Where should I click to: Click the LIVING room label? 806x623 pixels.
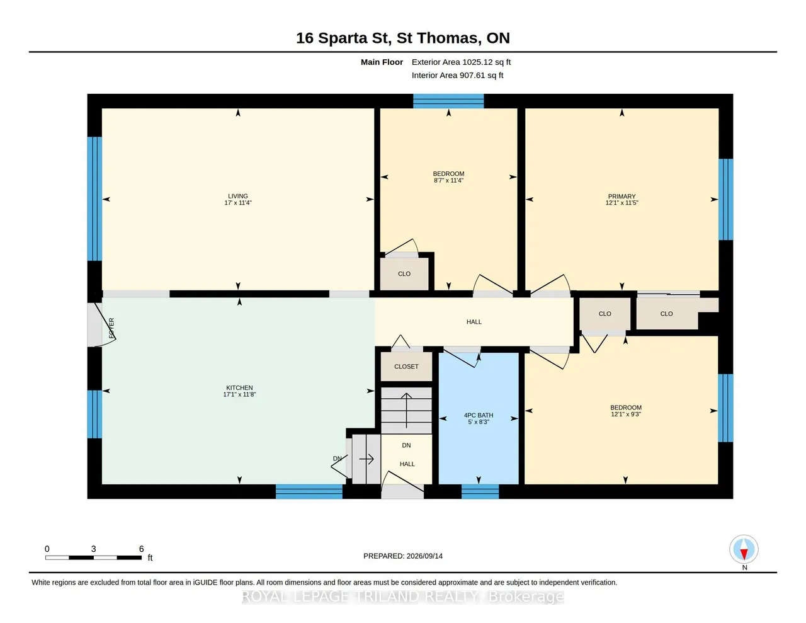click(x=238, y=196)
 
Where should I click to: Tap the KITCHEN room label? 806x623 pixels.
click(x=239, y=388)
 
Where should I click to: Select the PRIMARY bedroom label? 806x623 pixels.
click(x=622, y=197)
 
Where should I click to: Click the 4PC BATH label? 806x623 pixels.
click(x=479, y=415)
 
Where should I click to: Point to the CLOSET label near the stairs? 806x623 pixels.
click(x=406, y=367)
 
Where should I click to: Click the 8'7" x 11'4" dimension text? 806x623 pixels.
click(x=448, y=180)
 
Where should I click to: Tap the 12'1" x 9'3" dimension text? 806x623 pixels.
click(x=626, y=414)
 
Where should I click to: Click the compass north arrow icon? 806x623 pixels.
click(x=744, y=549)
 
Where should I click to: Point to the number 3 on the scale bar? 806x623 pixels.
click(x=93, y=549)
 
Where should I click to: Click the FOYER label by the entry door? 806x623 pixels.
click(x=111, y=328)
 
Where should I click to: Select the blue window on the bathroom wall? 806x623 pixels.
click(x=480, y=491)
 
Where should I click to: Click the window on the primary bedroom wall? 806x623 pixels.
click(x=725, y=200)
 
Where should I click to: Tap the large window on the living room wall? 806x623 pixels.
click(x=94, y=199)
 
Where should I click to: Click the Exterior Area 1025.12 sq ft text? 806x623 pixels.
click(x=461, y=62)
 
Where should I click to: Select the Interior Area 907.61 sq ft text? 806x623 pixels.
click(x=457, y=76)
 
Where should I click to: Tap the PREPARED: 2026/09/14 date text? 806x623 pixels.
click(x=403, y=556)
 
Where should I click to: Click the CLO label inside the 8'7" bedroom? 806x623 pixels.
click(x=404, y=274)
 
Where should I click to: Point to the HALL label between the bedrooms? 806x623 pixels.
click(x=474, y=322)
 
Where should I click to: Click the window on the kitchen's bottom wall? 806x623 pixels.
click(x=309, y=491)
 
